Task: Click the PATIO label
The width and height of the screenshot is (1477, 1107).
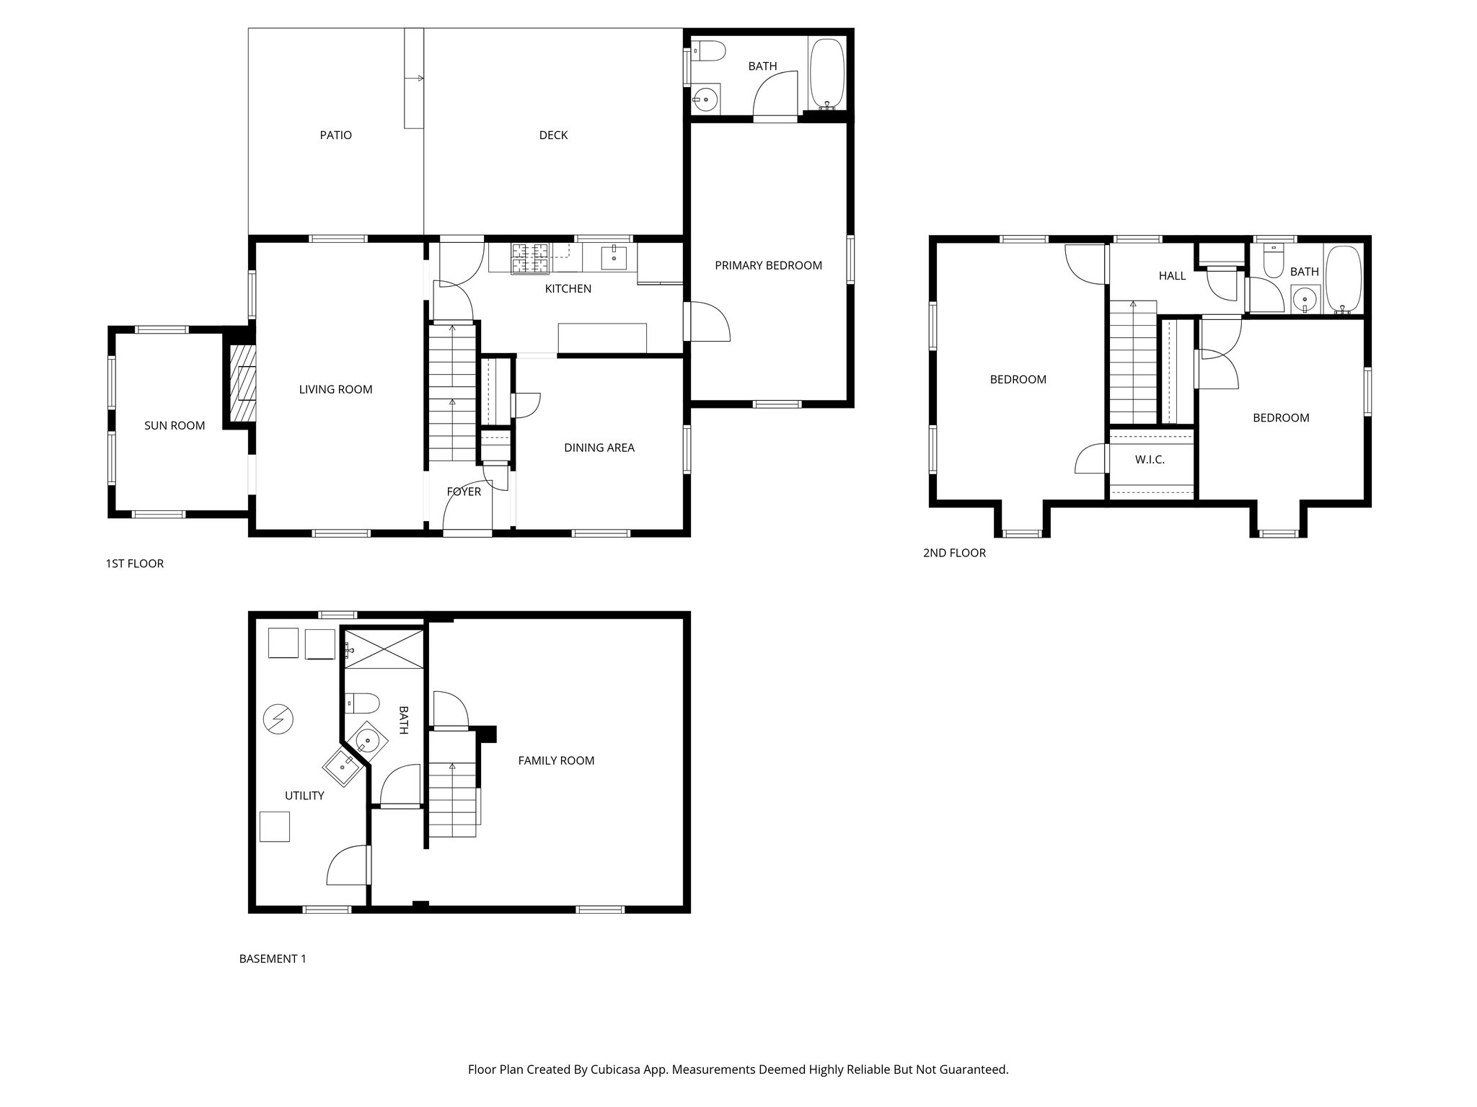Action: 335,135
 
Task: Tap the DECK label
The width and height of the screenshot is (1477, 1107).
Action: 553,135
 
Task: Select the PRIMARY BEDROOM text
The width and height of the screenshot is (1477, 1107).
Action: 768,265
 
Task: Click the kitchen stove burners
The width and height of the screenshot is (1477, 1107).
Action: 530,258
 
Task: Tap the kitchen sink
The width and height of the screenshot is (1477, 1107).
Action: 614,256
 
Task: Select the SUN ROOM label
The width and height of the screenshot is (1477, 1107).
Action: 175,426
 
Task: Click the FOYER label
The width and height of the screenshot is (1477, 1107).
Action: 463,492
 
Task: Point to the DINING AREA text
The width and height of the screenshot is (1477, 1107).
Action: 599,448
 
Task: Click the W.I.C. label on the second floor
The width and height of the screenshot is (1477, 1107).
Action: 1150,459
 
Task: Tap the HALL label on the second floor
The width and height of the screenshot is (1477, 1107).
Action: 1172,275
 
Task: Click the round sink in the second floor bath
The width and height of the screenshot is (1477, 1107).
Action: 1304,298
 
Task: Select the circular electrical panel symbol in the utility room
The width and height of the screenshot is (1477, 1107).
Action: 278,719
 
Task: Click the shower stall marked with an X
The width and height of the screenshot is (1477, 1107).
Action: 384,649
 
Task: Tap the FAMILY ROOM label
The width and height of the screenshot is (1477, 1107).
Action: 556,760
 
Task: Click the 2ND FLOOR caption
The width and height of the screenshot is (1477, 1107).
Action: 954,553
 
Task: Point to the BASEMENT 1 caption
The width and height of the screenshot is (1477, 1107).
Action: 273,959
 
